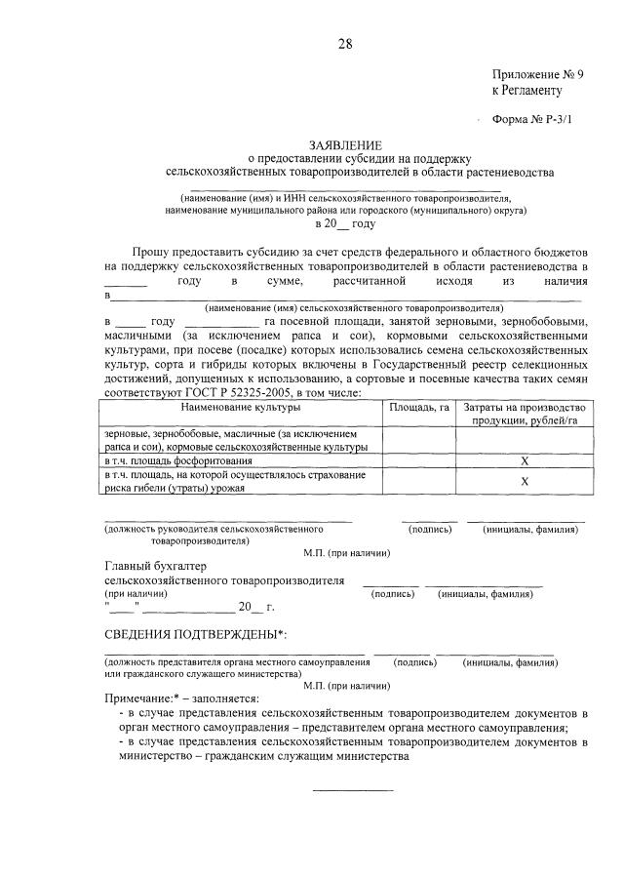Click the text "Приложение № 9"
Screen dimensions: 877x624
click(538, 74)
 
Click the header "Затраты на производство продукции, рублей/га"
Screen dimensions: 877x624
click(524, 414)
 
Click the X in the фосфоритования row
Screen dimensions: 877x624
click(524, 460)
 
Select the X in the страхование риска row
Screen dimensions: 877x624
click(524, 481)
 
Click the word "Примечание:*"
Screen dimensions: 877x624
click(141, 699)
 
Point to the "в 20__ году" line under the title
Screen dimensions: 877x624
click(345, 223)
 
